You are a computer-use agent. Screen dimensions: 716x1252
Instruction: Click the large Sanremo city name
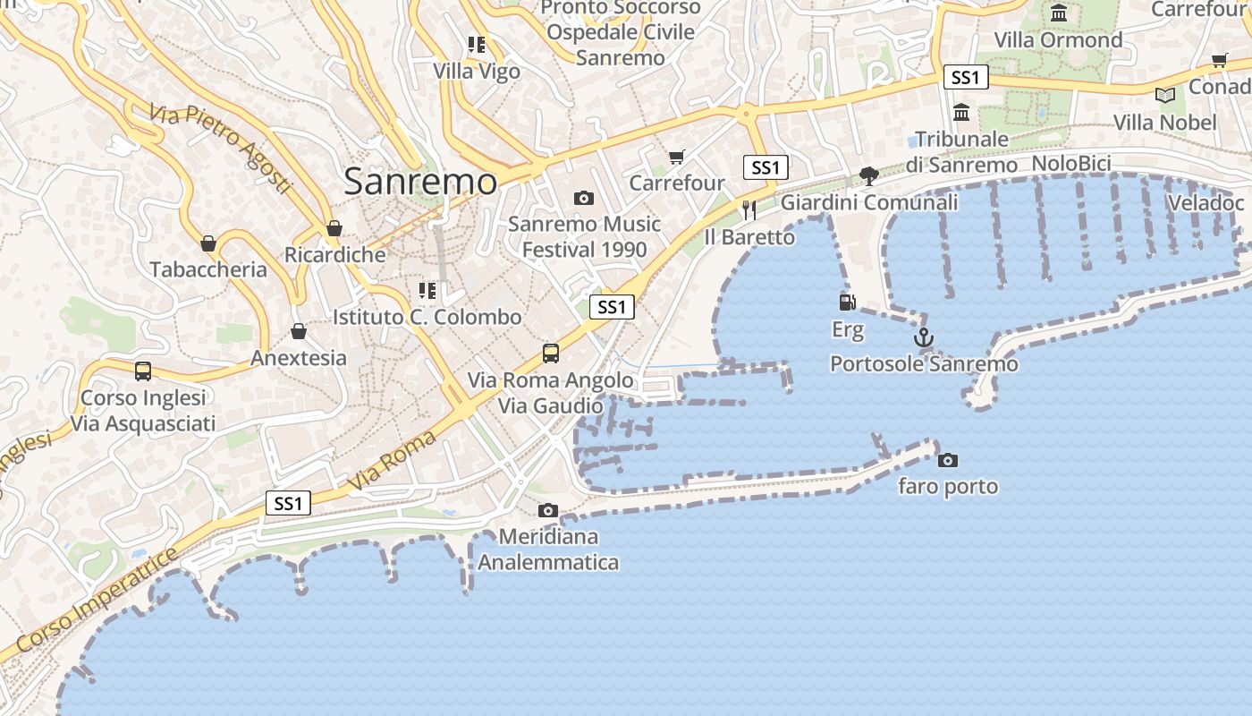419,182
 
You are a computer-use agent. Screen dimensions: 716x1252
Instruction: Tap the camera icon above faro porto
947,461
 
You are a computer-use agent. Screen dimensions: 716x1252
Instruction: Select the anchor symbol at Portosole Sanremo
924,338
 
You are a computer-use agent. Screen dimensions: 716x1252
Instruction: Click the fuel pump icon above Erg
847,303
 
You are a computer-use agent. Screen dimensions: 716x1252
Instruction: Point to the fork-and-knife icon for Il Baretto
749,210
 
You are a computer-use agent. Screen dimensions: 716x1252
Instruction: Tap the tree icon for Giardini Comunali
868,175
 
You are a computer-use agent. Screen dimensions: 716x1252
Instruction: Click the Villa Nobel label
1164,123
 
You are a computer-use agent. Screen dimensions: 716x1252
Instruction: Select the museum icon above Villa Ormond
1060,13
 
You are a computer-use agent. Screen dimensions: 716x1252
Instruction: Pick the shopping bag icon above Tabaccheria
208,243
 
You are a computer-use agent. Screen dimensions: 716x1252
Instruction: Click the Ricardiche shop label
334,255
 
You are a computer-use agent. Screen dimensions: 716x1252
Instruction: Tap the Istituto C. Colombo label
427,317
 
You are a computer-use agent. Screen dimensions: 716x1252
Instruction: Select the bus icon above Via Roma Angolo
551,354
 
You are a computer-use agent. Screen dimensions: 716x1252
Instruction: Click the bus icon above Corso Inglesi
143,371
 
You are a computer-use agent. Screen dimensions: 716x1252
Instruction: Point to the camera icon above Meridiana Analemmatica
548,511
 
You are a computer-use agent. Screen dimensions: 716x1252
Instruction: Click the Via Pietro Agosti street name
221,149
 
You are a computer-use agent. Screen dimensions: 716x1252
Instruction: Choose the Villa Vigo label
477,72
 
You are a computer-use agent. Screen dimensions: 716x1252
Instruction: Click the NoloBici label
1070,163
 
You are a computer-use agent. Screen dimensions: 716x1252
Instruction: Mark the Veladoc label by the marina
1205,203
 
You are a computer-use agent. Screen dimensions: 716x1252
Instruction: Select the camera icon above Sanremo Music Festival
584,198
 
